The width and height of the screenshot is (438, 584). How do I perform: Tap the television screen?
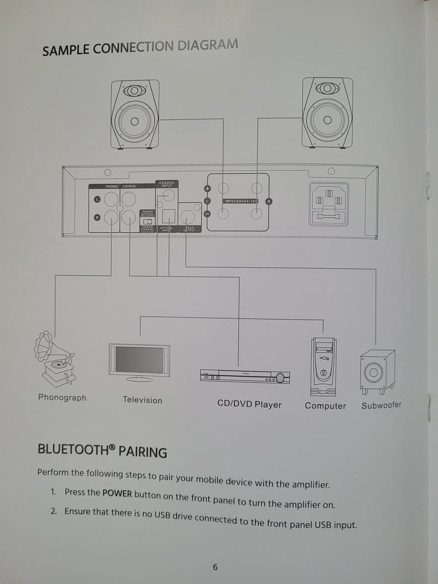[x=139, y=360]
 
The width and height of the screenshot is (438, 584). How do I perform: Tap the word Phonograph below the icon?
[x=62, y=397]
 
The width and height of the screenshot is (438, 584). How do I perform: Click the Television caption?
[x=142, y=400]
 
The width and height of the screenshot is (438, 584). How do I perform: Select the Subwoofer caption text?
[x=381, y=405]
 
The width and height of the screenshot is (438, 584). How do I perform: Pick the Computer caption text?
[x=325, y=406]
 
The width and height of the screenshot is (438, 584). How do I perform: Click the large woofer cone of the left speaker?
[x=135, y=121]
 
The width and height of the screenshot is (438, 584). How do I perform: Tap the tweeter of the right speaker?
[x=327, y=88]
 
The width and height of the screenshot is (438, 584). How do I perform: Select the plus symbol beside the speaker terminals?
[x=207, y=189]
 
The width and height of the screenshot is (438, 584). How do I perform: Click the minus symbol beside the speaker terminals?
[x=207, y=214]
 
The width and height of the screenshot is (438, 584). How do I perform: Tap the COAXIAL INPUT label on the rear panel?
[x=167, y=184]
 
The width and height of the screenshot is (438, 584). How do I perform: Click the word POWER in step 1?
[x=117, y=493]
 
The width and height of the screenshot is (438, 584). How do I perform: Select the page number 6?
[x=215, y=567]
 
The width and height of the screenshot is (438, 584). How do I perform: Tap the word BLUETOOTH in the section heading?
[x=73, y=449]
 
